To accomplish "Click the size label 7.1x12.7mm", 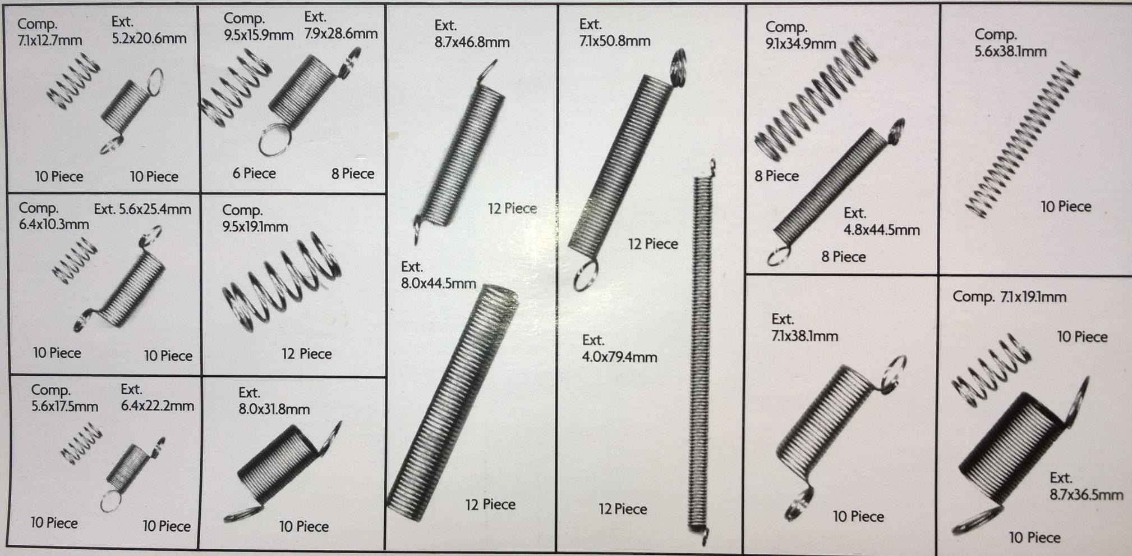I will tap(49, 40).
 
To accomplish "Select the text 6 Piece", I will tap(254, 174).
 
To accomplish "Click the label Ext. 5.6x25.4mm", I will tap(142, 209).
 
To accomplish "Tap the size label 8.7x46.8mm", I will tap(472, 42).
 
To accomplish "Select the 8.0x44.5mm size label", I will tap(438, 283).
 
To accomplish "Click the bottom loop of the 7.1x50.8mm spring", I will tap(586, 277).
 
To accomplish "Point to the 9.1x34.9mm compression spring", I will tap(813, 98).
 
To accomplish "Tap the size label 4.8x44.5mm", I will tap(881, 230).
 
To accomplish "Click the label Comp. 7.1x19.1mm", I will tap(1009, 297).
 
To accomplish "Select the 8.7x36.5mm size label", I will tap(1086, 495).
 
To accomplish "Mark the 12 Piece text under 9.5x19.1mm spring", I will tap(306, 354).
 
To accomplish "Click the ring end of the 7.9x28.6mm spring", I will tap(275, 140).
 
